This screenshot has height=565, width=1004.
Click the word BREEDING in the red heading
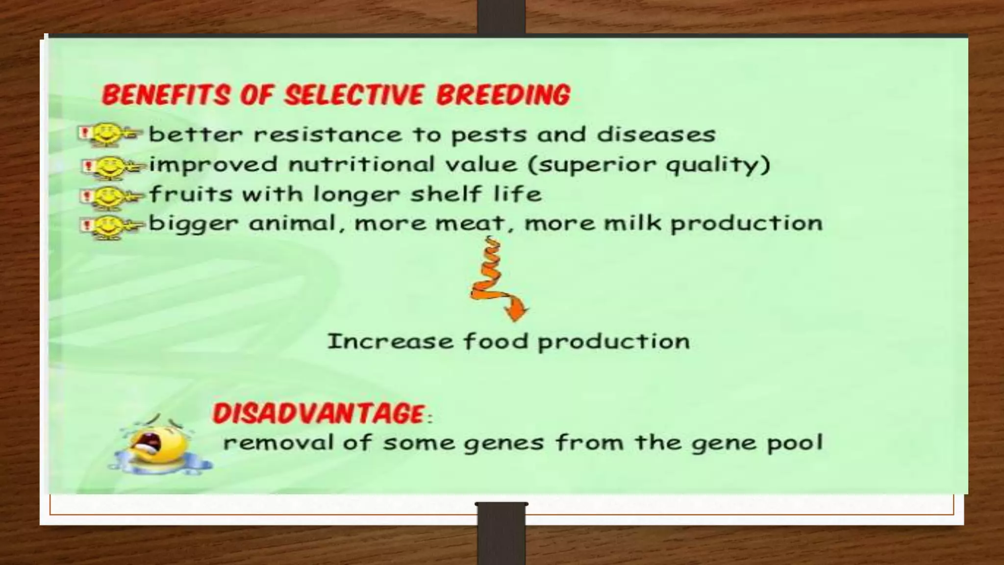pos(503,95)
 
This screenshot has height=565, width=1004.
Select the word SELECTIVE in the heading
pos(353,95)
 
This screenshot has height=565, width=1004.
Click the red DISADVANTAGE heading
pos(320,413)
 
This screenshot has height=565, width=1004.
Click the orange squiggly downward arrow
pos(496,281)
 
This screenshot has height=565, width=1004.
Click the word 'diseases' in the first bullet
pos(656,134)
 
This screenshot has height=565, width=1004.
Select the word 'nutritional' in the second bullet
pos(361,164)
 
